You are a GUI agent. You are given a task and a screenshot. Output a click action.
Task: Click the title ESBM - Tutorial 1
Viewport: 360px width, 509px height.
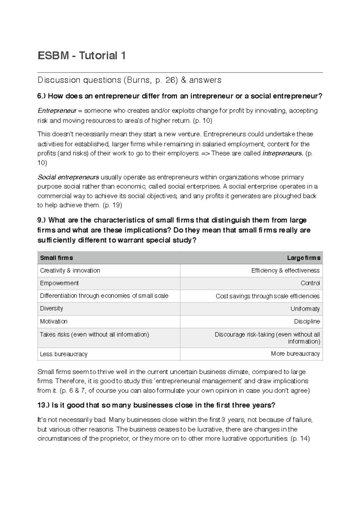pyautogui.click(x=81, y=55)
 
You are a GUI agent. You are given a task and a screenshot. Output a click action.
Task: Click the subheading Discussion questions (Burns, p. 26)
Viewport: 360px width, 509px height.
pyautogui.click(x=129, y=80)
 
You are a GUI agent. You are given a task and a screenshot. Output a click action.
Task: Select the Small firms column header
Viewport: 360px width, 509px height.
pyautogui.click(x=56, y=258)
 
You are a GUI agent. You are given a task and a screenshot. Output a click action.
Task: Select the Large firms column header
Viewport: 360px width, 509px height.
pyautogui.click(x=304, y=258)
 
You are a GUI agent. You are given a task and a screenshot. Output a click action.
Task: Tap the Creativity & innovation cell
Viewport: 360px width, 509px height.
pyautogui.click(x=70, y=270)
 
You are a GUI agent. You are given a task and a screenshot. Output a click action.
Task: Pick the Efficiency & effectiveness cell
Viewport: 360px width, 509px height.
pyautogui.click(x=285, y=271)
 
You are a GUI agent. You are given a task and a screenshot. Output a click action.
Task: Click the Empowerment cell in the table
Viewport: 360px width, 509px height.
pyautogui.click(x=59, y=283)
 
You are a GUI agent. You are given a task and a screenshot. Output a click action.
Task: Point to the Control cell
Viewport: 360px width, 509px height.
pyautogui.click(x=310, y=283)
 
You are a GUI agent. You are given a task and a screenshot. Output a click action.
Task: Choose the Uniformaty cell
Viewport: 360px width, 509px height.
pyautogui.click(x=305, y=309)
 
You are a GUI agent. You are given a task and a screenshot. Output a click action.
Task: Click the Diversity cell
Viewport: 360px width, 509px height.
pyautogui.click(x=52, y=308)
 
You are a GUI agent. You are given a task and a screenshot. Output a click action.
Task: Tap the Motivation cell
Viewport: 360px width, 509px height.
pyautogui.click(x=54, y=321)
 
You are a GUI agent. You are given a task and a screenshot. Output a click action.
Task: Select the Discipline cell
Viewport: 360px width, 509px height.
pyautogui.click(x=307, y=322)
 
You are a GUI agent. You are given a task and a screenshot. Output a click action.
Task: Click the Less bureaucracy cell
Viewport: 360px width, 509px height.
pyautogui.click(x=64, y=354)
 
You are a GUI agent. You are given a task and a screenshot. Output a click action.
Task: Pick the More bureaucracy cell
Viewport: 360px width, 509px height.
pyautogui.click(x=295, y=354)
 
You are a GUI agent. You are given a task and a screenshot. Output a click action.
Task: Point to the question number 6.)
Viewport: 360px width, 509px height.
pyautogui.click(x=42, y=96)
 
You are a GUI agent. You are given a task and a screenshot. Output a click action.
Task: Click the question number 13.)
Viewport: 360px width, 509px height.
pyautogui.click(x=43, y=405)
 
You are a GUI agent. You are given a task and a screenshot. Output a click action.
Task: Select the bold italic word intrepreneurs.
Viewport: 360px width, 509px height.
pyautogui.click(x=283, y=153)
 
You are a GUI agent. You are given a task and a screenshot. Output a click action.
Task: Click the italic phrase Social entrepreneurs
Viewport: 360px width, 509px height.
pyautogui.click(x=68, y=177)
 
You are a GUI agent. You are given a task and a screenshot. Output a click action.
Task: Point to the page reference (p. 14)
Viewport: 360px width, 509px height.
pyautogui.click(x=300, y=439)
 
